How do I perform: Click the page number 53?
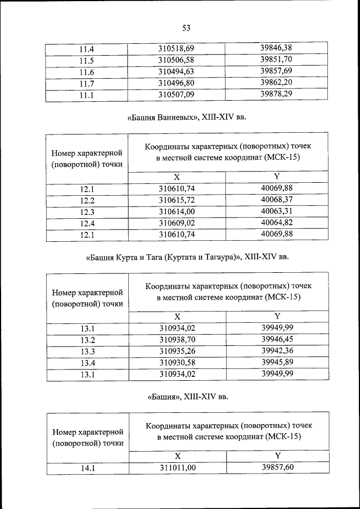[x=187, y=28]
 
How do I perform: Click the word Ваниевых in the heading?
[x=184, y=119]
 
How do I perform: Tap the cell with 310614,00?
[x=177, y=211]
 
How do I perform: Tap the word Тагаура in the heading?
[x=220, y=258]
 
